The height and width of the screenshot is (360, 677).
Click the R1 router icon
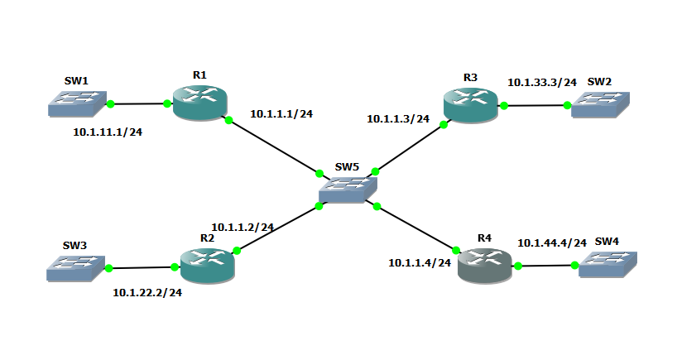pos(199,103)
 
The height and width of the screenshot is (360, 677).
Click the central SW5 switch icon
pos(347,191)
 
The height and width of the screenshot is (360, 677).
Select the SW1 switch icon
pos(76,103)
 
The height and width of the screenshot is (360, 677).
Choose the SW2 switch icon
pos(599,103)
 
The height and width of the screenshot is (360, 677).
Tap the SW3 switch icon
pos(75,266)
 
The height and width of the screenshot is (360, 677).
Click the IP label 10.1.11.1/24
pos(108,132)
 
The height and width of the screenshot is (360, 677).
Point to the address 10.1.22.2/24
pos(147,293)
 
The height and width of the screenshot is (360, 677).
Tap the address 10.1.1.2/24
pos(242,227)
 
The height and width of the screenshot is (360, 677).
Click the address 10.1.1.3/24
pos(398,119)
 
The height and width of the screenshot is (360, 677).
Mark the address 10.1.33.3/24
pos(541,83)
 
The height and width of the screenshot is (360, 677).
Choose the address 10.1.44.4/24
pos(551,243)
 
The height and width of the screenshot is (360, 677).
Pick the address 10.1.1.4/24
pos(420,263)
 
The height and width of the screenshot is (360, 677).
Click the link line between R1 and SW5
pos(273,146)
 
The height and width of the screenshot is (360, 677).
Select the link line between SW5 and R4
pos(415,227)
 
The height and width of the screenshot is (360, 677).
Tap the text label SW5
pos(347,167)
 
